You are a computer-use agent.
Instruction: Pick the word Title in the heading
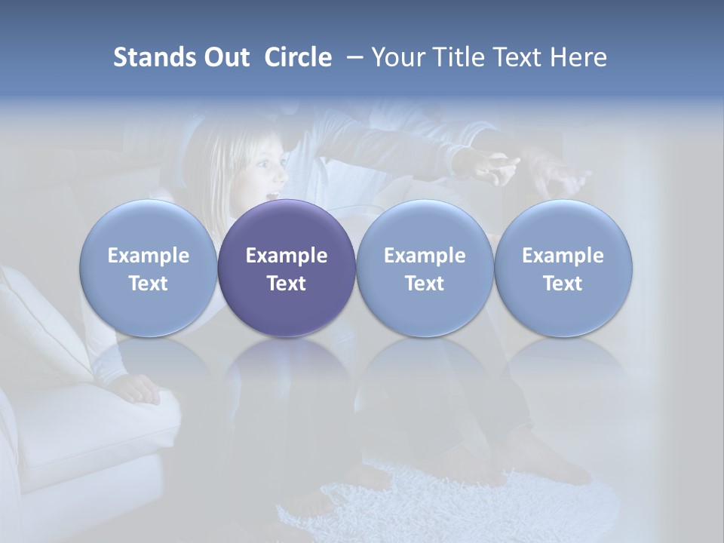pyautogui.click(x=458, y=57)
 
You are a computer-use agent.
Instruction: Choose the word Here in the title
pyautogui.click(x=578, y=57)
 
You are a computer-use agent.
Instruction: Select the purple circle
pyautogui.click(x=287, y=268)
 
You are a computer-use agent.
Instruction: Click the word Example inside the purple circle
pyautogui.click(x=287, y=256)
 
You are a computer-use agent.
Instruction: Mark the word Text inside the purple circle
pyautogui.click(x=287, y=284)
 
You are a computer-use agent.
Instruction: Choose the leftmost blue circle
pyautogui.click(x=149, y=268)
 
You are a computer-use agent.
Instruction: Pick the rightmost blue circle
pyautogui.click(x=563, y=268)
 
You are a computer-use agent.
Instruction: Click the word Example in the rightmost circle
pyautogui.click(x=563, y=256)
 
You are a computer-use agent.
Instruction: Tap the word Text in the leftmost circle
pyautogui.click(x=149, y=284)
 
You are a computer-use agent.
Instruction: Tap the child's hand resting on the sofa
pyautogui.click(x=136, y=389)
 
